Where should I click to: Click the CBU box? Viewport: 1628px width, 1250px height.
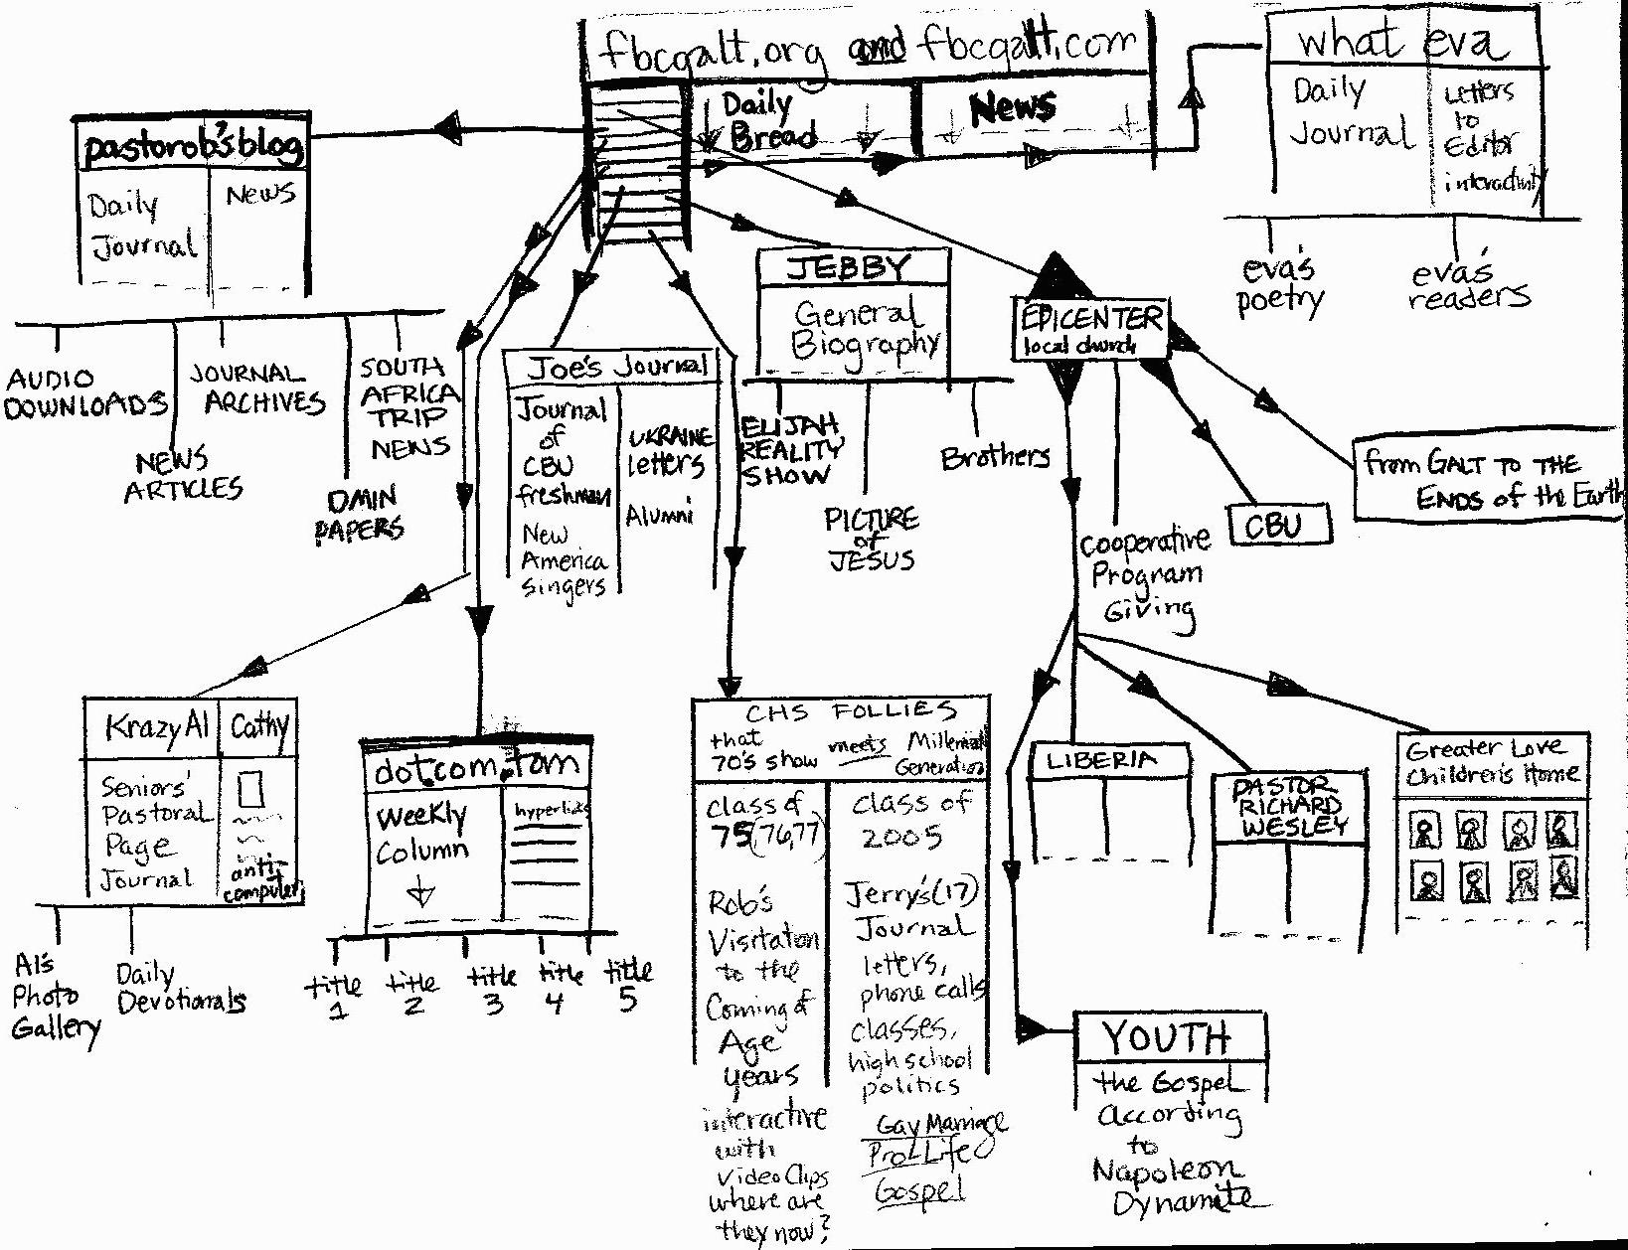point(1278,525)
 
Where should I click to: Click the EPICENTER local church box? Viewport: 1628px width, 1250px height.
point(1090,329)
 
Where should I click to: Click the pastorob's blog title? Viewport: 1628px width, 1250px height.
point(193,147)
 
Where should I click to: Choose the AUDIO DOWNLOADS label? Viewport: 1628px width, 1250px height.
point(85,392)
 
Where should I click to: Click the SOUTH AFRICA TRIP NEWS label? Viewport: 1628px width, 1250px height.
point(408,407)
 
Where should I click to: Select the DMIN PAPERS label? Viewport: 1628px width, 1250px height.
point(360,513)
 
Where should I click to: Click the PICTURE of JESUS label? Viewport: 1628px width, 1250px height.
point(872,539)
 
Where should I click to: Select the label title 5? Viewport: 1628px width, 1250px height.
point(627,984)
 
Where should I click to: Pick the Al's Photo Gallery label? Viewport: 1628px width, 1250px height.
point(54,997)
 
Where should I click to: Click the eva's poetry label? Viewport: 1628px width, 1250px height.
point(1281,285)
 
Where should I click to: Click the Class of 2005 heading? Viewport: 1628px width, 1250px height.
point(908,819)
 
